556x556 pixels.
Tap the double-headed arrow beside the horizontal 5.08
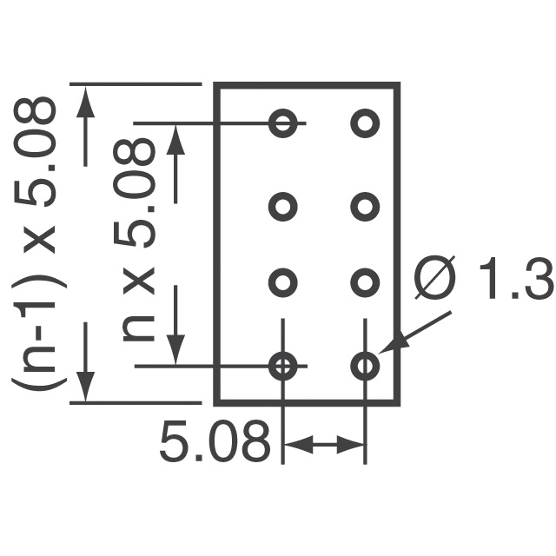pos(324,444)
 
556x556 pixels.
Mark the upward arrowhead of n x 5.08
pos(175,140)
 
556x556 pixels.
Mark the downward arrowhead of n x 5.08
pos(175,349)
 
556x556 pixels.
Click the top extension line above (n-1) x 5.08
pos(136,84)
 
